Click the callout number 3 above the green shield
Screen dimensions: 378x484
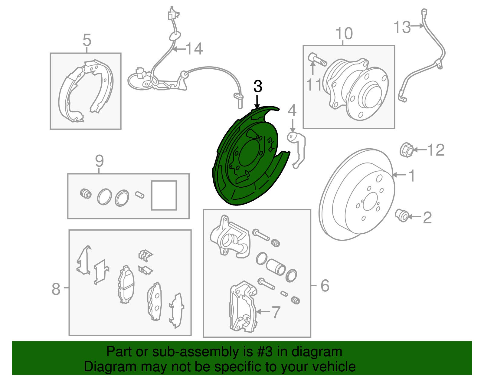(257, 87)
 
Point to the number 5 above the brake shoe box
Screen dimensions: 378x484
(87, 40)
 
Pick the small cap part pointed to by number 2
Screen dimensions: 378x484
(402, 215)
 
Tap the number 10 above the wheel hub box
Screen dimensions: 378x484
(344, 33)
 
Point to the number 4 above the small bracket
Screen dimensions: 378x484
(292, 111)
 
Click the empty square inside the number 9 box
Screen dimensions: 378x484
(164, 195)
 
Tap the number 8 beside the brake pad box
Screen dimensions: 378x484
(56, 289)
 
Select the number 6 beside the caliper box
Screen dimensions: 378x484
(324, 285)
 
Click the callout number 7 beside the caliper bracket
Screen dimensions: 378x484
(276, 312)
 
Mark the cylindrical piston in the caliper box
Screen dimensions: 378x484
(276, 267)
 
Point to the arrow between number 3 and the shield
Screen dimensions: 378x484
(257, 101)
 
